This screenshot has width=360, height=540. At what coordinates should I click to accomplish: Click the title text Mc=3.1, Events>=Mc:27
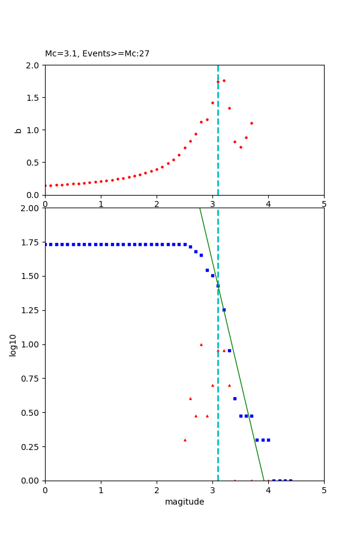pyautogui.click(x=97, y=54)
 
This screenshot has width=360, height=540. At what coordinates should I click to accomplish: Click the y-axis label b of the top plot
pyautogui.click(x=19, y=130)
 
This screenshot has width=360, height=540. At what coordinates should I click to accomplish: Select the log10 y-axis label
pyautogui.click(x=13, y=344)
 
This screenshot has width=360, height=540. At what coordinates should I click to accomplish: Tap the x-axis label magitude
pyautogui.click(x=184, y=502)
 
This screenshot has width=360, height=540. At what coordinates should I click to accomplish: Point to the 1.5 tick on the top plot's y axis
pyautogui.click(x=34, y=98)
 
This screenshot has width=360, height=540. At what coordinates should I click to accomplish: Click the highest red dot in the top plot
pyautogui.click(x=224, y=80)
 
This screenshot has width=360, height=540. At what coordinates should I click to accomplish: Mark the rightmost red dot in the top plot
pyautogui.click(x=251, y=123)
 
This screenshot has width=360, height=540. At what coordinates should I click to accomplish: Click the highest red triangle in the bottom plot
pyautogui.click(x=201, y=344)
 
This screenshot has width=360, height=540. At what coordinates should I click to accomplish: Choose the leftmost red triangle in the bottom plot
pyautogui.click(x=185, y=440)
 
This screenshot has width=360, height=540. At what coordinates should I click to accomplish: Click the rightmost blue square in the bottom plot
pyautogui.click(x=290, y=480)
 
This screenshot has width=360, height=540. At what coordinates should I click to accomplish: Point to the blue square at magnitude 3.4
pyautogui.click(x=235, y=398)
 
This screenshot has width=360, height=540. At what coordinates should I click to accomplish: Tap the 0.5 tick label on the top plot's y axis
pyautogui.click(x=34, y=163)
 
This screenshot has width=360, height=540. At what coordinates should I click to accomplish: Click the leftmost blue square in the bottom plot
pyautogui.click(x=46, y=244)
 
